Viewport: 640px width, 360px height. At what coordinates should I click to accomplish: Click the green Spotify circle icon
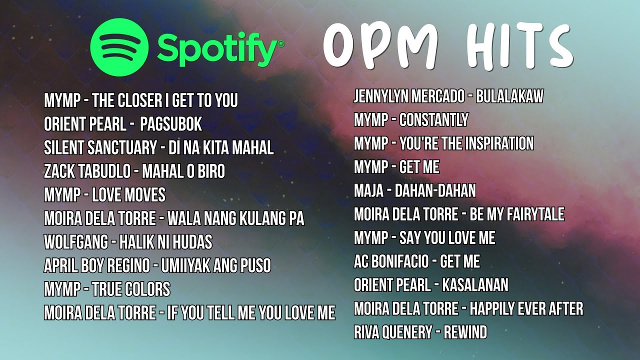(119, 47)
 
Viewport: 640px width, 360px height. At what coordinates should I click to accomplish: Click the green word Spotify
(220, 48)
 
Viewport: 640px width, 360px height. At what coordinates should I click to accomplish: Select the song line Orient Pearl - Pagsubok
(123, 124)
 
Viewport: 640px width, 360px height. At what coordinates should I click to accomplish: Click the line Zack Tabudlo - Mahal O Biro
(134, 171)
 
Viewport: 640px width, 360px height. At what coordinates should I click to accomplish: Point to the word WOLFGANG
(75, 242)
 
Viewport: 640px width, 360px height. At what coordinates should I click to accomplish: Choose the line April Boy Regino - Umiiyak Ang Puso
(157, 266)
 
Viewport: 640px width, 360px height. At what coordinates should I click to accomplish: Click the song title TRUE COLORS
(131, 289)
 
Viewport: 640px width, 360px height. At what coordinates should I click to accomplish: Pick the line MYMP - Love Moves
(104, 195)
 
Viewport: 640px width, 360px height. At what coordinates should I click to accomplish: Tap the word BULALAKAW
(509, 96)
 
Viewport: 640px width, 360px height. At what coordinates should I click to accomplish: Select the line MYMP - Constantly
(411, 120)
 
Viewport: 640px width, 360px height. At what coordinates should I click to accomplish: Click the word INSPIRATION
(499, 143)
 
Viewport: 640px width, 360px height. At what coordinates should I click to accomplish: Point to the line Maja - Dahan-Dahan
(415, 190)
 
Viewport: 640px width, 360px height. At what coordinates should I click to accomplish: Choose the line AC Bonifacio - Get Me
(417, 261)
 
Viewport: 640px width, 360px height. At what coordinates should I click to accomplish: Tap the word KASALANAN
(475, 285)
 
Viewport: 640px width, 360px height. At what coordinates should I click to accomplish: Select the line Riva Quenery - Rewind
(420, 332)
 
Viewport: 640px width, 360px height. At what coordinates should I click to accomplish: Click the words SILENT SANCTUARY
(100, 148)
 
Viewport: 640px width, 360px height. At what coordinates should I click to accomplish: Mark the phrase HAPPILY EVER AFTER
(526, 308)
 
